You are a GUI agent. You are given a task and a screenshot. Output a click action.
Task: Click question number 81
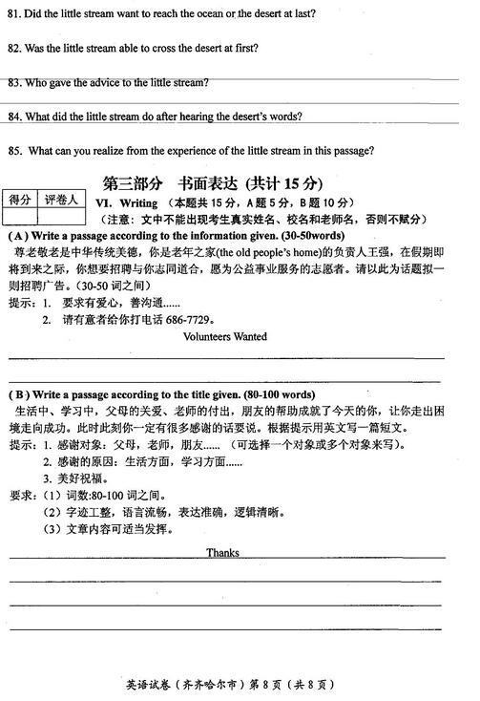point(13,13)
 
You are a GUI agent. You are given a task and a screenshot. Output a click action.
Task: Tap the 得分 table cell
point(21,200)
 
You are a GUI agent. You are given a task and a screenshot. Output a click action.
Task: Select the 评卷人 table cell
point(61,200)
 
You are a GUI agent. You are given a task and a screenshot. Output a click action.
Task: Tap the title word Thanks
point(223,553)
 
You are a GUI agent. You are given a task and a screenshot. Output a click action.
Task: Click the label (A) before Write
point(18,235)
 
